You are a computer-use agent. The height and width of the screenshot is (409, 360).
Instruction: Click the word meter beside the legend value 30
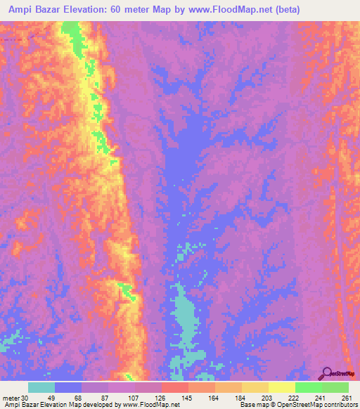11,398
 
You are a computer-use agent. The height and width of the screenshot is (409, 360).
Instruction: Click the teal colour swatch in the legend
41,387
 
